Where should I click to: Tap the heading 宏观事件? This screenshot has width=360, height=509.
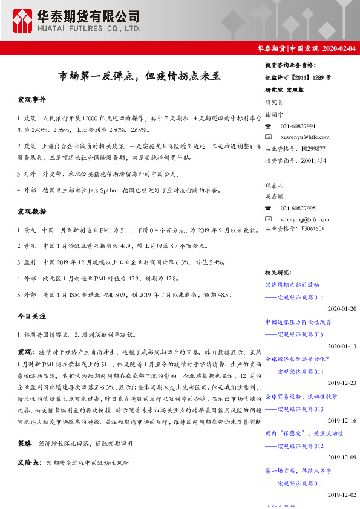coord(31,99)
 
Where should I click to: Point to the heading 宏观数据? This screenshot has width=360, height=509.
coord(31,212)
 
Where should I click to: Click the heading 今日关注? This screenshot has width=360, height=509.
coord(31,316)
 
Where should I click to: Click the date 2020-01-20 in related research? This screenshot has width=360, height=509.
coord(342,309)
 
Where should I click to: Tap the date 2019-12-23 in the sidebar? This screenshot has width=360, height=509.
coord(342,383)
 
